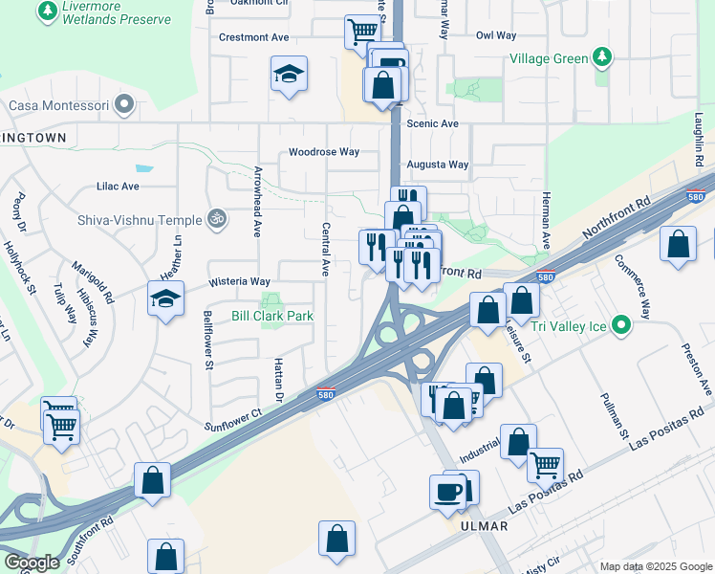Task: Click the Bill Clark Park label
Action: [271, 316]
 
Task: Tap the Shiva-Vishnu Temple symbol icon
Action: [217, 219]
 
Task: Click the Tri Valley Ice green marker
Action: [621, 325]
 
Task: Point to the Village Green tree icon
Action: [601, 58]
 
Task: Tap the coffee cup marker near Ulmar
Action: [447, 493]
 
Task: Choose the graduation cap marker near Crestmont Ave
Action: [289, 75]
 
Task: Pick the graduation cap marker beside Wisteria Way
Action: [165, 299]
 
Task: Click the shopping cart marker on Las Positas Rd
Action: [545, 466]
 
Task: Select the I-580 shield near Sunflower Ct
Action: [325, 394]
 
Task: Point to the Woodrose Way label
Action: [324, 152]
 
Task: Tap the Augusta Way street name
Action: [438, 165]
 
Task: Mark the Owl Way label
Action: [496, 35]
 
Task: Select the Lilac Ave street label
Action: [118, 187]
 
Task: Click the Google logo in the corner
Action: [31, 563]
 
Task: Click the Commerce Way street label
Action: [632, 286]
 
